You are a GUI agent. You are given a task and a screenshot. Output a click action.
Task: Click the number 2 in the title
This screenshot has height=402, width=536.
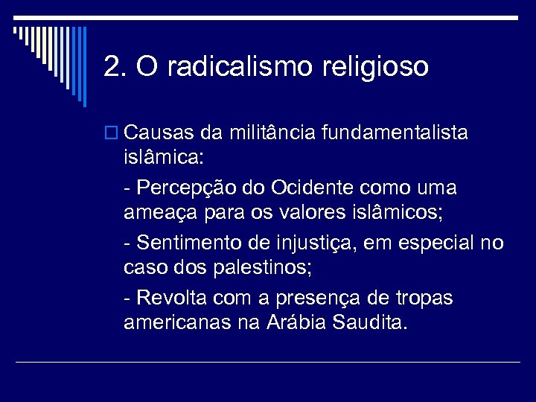[112, 67]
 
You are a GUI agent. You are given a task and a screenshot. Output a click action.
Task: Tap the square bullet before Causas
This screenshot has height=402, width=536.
[112, 134]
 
